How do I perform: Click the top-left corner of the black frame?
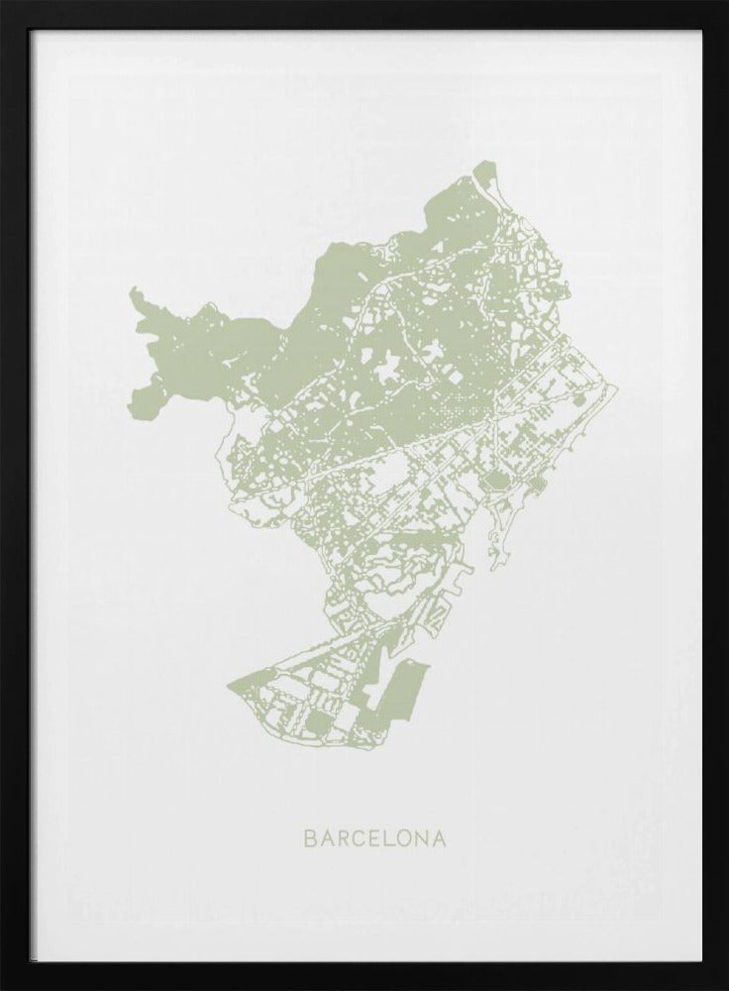2,2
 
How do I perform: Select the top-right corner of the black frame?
726,2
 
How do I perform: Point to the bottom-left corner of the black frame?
2,988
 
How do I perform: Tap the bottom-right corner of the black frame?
726,988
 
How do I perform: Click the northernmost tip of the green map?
482,164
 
